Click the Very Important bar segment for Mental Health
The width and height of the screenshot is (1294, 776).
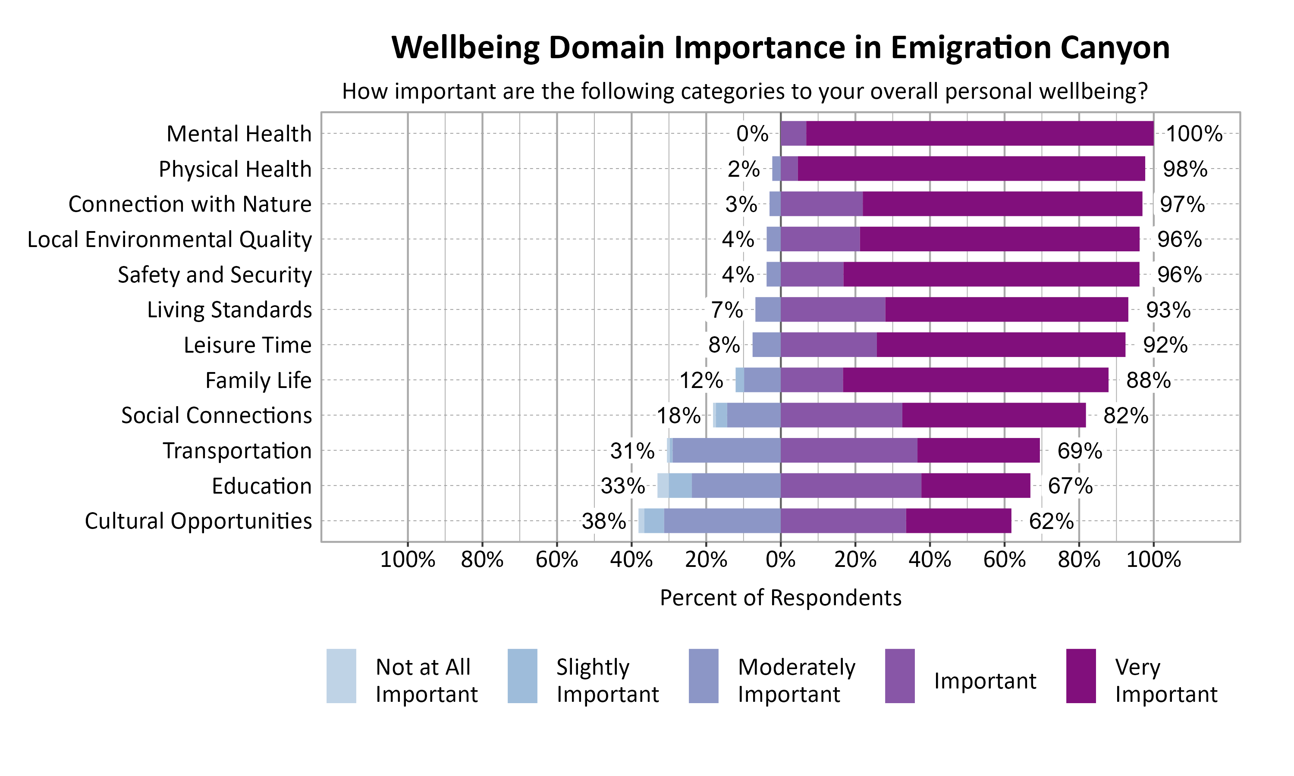pos(979,133)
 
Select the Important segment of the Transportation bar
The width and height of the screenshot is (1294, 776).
pos(848,450)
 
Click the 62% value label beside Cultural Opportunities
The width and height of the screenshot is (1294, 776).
pos(1051,521)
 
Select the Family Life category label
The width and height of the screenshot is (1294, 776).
pos(258,381)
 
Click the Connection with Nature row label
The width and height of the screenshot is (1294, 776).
pos(190,204)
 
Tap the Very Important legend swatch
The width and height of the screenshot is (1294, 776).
pos(1080,676)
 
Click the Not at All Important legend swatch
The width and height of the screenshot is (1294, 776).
pos(341,676)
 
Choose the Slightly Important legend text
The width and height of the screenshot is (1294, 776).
pos(607,680)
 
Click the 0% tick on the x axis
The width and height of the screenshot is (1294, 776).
pos(780,560)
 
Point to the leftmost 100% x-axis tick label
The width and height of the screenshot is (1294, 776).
pos(408,560)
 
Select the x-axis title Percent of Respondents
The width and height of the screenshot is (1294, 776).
pos(780,598)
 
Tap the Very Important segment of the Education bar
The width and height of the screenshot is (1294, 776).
pos(976,486)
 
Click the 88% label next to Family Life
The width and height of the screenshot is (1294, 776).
pos(1148,381)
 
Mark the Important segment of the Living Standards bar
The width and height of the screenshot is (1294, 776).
pos(832,310)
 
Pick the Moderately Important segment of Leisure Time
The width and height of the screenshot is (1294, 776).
pos(766,344)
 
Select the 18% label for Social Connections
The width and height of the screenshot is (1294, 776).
pos(678,416)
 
